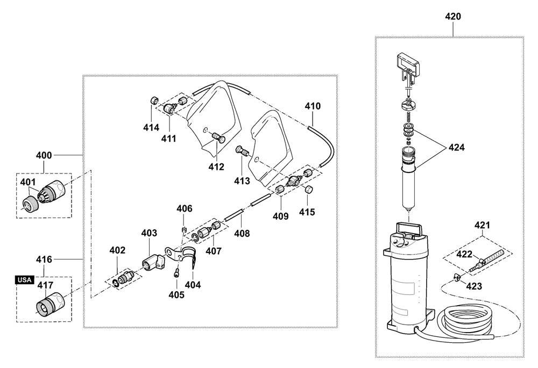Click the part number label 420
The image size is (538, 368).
click(x=453, y=16)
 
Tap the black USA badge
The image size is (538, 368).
click(x=24, y=280)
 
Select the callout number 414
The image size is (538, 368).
click(x=151, y=127)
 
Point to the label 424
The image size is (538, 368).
click(x=456, y=147)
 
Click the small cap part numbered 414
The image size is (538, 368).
click(x=154, y=101)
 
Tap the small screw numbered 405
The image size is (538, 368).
click(x=176, y=272)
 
